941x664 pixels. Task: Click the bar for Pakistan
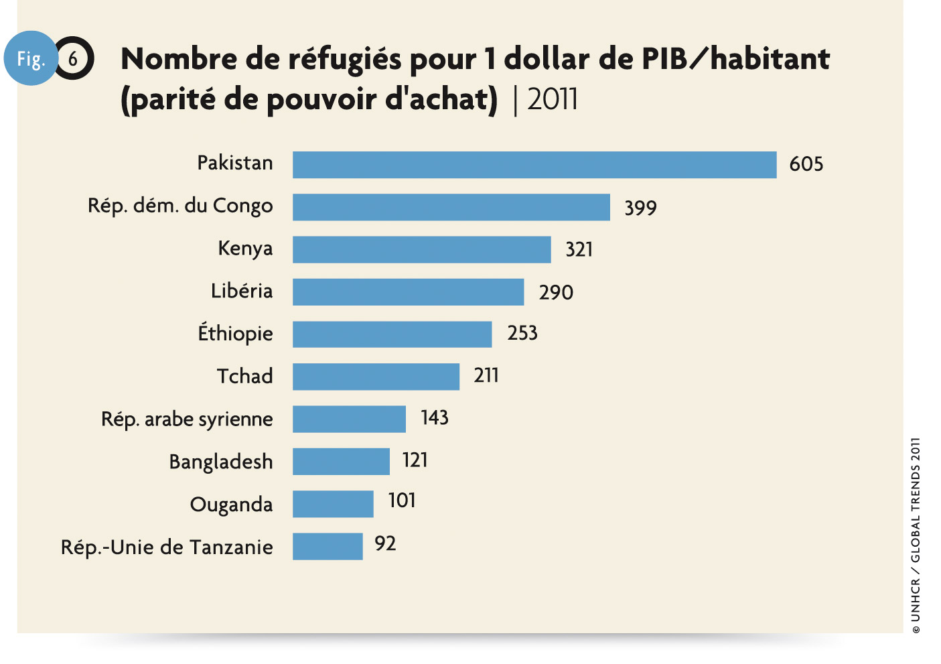pyautogui.click(x=534, y=165)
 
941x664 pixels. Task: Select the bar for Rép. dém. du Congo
pyautogui.click(x=451, y=207)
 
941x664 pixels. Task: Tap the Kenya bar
pyautogui.click(x=422, y=249)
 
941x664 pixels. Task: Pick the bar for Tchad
pyautogui.click(x=376, y=377)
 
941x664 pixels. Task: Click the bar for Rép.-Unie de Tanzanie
pyautogui.click(x=328, y=546)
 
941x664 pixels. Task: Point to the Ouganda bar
pyautogui.click(x=333, y=504)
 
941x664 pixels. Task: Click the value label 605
pyautogui.click(x=806, y=164)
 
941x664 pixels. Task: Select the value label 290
pyautogui.click(x=556, y=292)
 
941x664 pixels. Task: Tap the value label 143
pyautogui.click(x=434, y=418)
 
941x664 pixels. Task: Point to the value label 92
pyautogui.click(x=385, y=543)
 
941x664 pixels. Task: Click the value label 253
pyautogui.click(x=522, y=333)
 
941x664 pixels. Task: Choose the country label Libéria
pyautogui.click(x=242, y=291)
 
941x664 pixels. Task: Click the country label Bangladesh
pyautogui.click(x=221, y=462)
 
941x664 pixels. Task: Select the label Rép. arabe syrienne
pyautogui.click(x=187, y=419)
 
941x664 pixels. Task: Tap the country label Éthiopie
pyautogui.click(x=235, y=332)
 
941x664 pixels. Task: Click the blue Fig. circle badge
pyautogui.click(x=30, y=58)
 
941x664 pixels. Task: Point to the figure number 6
pyautogui.click(x=73, y=59)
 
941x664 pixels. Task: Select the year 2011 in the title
pyautogui.click(x=553, y=100)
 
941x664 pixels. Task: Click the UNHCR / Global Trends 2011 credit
pyautogui.click(x=916, y=535)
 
